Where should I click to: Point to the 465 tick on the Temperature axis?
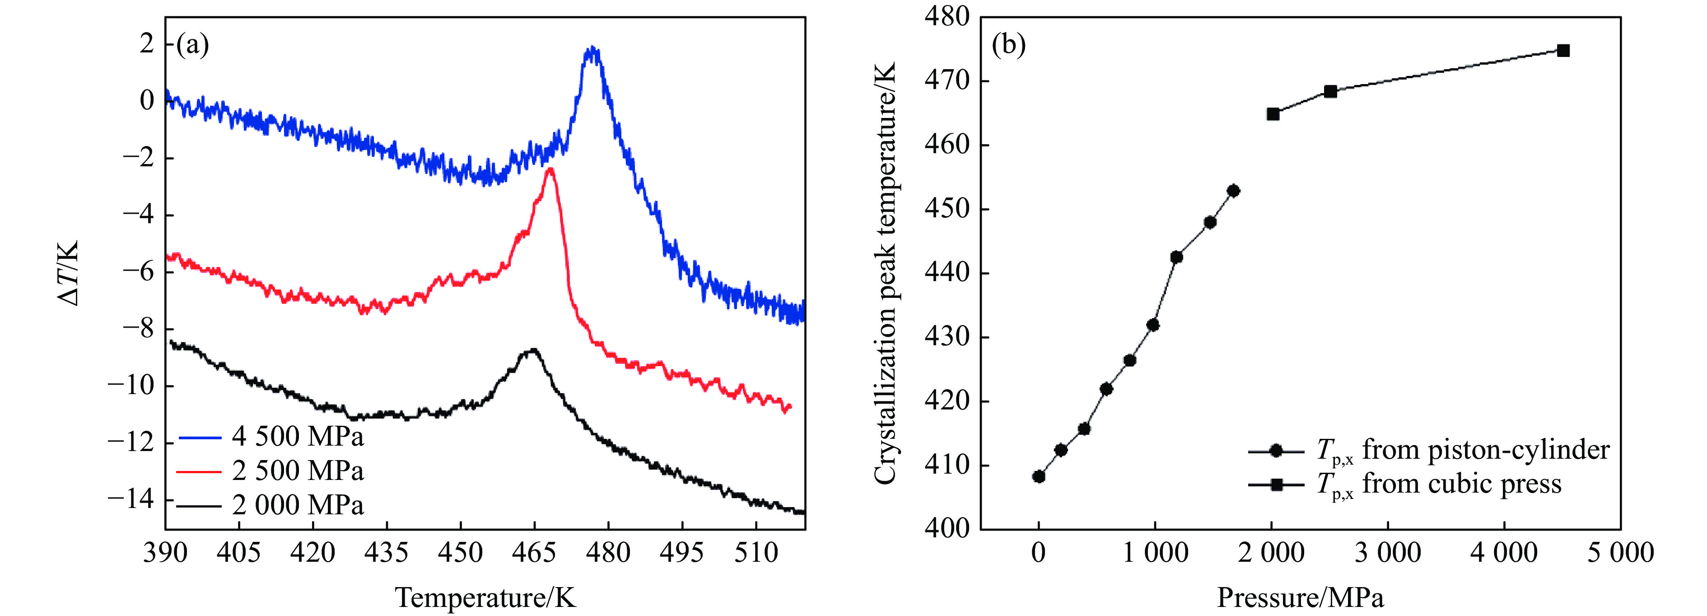534,552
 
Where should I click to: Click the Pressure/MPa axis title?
1300,597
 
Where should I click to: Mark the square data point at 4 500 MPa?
1562,51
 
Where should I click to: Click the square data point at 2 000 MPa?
1272,114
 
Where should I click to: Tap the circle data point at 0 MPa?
1038,476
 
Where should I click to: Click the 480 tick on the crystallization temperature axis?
946,17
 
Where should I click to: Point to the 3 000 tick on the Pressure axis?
1388,552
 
